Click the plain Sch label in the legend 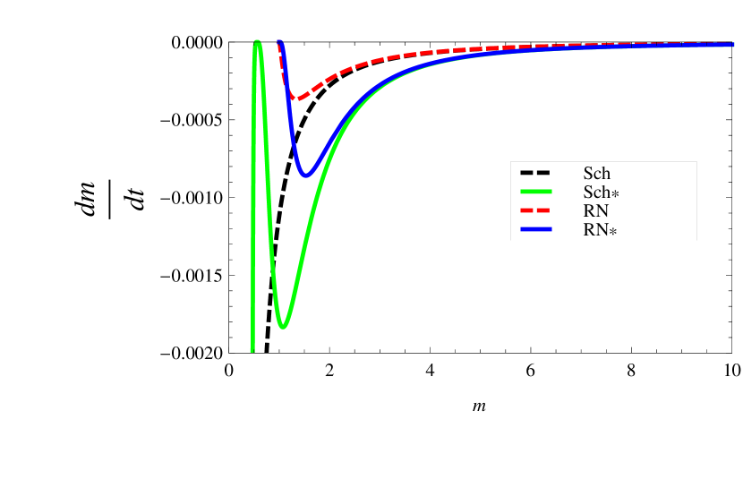click(596, 174)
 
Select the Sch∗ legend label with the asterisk click(601, 193)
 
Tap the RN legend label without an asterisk click(595, 211)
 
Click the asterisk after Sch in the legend click(615, 194)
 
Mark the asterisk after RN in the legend click(613, 232)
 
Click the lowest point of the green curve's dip click(283, 327)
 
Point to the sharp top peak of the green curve click(258, 41)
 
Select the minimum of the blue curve click(306, 176)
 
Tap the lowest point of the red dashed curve click(298, 98)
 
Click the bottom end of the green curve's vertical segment click(252, 350)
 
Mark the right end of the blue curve click(733, 44)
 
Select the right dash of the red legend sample click(544, 211)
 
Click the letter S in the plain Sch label click(587, 174)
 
